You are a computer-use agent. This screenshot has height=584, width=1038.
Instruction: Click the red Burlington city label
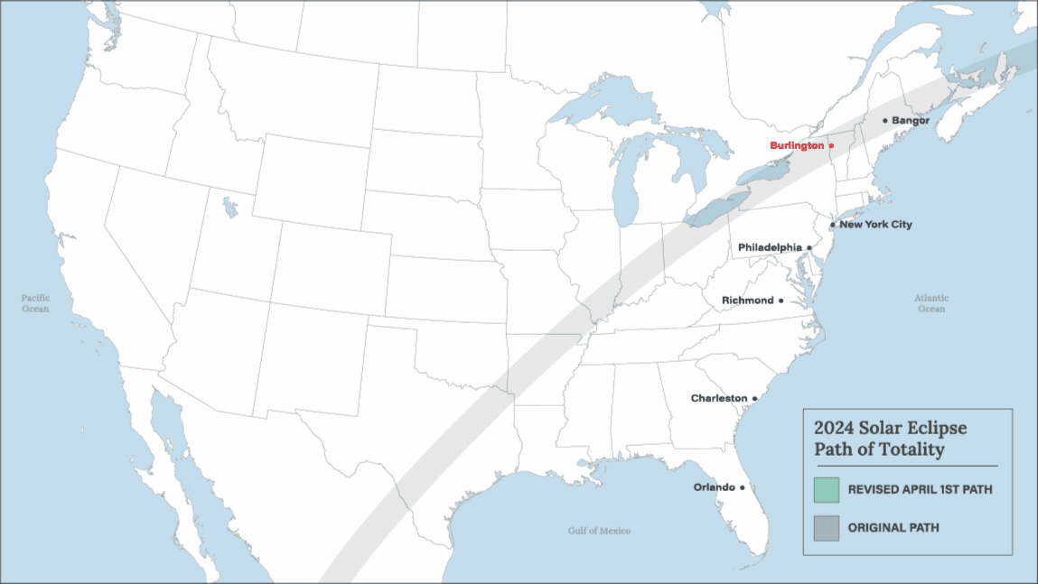pyautogui.click(x=796, y=145)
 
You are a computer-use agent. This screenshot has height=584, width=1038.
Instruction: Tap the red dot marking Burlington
pyautogui.click(x=831, y=145)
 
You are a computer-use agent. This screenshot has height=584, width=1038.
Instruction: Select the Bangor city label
pyautogui.click(x=911, y=120)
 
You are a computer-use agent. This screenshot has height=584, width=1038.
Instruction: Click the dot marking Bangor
pyautogui.click(x=885, y=120)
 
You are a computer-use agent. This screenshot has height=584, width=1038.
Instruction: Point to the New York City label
pyautogui.click(x=875, y=225)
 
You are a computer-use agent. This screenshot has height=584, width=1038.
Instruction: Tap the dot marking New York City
pyautogui.click(x=832, y=225)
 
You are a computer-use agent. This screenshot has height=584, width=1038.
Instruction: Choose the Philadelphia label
pyautogui.click(x=770, y=247)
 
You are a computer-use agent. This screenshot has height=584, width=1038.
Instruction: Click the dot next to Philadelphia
pyautogui.click(x=809, y=247)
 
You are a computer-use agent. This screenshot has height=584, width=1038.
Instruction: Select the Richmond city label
pyautogui.click(x=748, y=301)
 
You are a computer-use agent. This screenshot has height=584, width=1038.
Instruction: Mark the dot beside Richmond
pyautogui.click(x=781, y=301)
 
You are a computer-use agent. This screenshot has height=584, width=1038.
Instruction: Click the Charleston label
pyautogui.click(x=719, y=398)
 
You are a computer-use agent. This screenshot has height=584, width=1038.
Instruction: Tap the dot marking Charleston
pyautogui.click(x=754, y=398)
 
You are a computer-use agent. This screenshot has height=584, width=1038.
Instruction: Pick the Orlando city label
pyautogui.click(x=714, y=487)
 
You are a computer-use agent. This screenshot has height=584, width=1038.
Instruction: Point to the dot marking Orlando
pyautogui.click(x=743, y=487)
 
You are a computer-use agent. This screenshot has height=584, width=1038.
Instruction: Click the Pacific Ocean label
pyautogui.click(x=36, y=303)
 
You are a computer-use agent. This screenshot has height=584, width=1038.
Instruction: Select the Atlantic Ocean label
pyautogui.click(x=931, y=303)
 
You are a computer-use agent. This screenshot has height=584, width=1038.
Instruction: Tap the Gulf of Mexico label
pyautogui.click(x=599, y=531)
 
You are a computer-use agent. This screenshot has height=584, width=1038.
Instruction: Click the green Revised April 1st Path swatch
pyautogui.click(x=826, y=490)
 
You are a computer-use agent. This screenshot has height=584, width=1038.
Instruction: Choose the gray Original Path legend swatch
pyautogui.click(x=826, y=527)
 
